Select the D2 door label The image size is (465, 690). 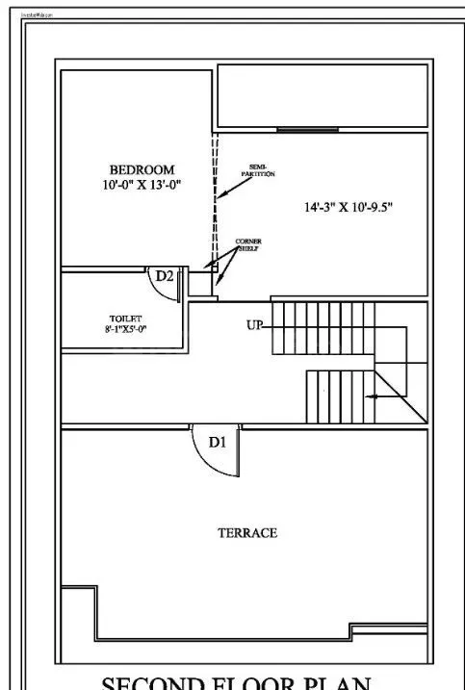point(165,276)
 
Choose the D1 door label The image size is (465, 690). point(218,443)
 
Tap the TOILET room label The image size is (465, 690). point(125,318)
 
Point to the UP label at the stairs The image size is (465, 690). point(254,325)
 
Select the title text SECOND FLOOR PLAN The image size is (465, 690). point(237,681)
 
